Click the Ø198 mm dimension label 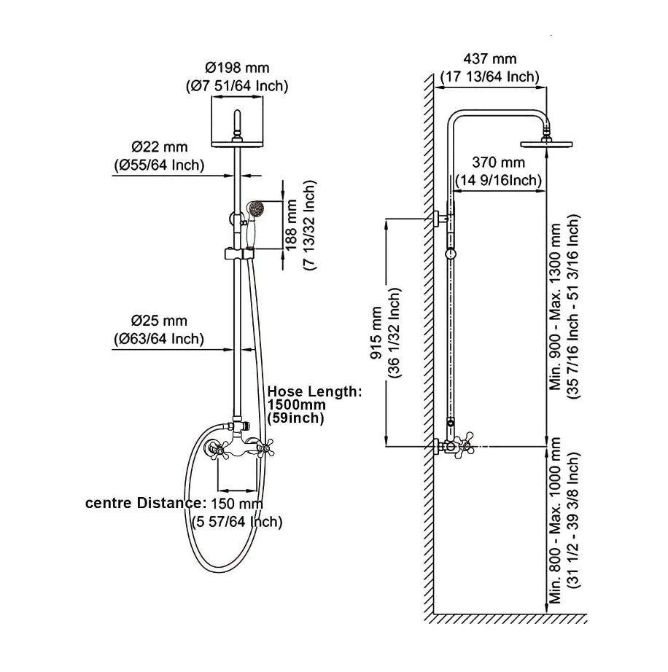237,68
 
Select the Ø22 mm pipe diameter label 158,146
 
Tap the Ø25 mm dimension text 159,321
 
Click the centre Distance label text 147,504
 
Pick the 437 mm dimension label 489,59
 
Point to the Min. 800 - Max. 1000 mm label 558,520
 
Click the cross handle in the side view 462,445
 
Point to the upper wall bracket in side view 440,217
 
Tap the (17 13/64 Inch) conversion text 489,76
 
